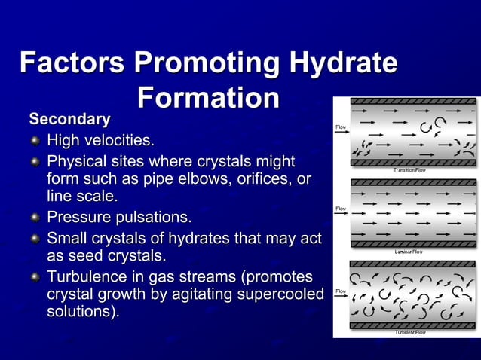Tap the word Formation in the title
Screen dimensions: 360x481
(x=209, y=99)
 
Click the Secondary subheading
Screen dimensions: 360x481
(x=69, y=119)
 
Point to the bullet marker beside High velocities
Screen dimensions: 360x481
(x=35, y=141)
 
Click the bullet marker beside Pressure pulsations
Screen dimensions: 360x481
(x=35, y=218)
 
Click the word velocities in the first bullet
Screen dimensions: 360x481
(x=120, y=141)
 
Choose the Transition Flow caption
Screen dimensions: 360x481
(x=409, y=170)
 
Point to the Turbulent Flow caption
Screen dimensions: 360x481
(x=411, y=332)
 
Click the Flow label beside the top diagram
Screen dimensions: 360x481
(x=341, y=127)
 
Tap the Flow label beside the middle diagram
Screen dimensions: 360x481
(x=341, y=208)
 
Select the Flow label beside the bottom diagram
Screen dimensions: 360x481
(x=341, y=291)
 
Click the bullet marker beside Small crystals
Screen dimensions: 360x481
(x=35, y=239)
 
